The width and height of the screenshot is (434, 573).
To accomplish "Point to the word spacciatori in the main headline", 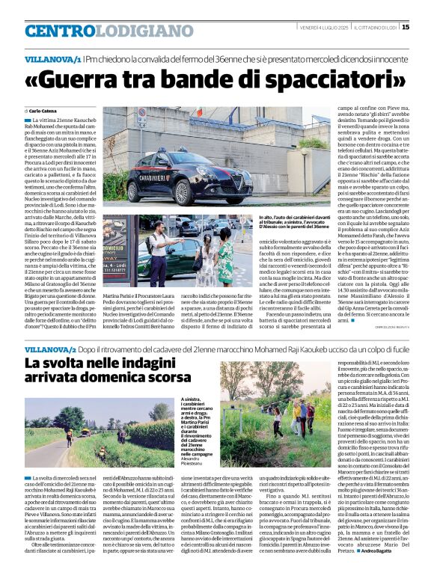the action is [325, 79].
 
